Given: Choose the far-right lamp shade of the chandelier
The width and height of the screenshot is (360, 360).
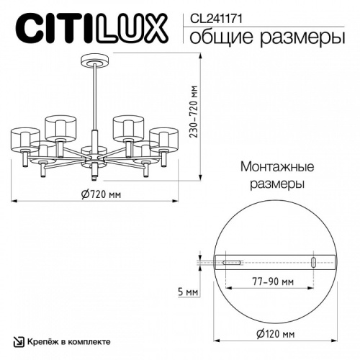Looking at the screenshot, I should coord(164,140).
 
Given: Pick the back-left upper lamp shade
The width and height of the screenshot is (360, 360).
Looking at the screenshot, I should coord(60,127).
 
